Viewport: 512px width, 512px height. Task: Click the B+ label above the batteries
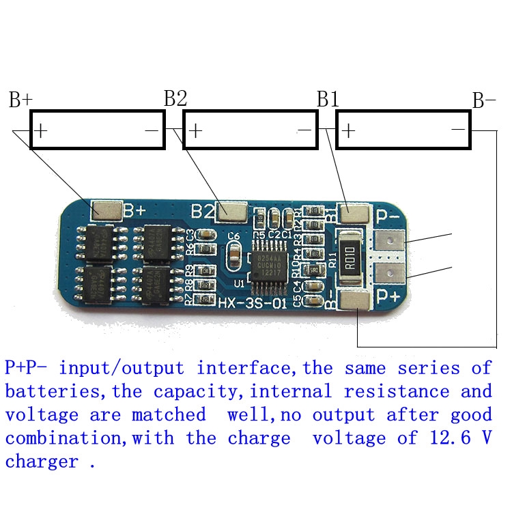pyautogui.click(x=20, y=100)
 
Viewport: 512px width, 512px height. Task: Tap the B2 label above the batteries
pyautogui.click(x=175, y=98)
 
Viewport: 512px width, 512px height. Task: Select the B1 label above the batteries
pyautogui.click(x=328, y=99)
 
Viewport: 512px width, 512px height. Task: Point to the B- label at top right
pyautogui.click(x=484, y=101)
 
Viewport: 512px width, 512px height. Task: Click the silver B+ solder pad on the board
pyautogui.click(x=106, y=210)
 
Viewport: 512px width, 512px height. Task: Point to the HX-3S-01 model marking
pyautogui.click(x=252, y=301)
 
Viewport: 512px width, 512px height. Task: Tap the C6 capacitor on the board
pyautogui.click(x=233, y=255)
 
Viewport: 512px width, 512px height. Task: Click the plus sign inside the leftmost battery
pyautogui.click(x=41, y=130)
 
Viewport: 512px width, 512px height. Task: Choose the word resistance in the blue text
pyautogui.click(x=397, y=391)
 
